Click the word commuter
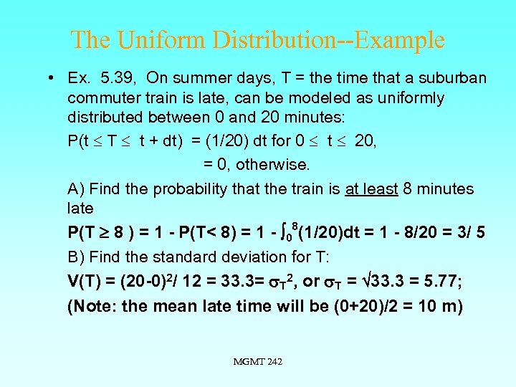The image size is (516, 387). (101, 97)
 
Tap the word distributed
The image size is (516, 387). (105, 117)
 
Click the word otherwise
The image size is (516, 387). (273, 165)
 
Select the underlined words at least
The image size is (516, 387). (371, 189)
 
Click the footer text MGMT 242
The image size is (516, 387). (258, 362)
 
